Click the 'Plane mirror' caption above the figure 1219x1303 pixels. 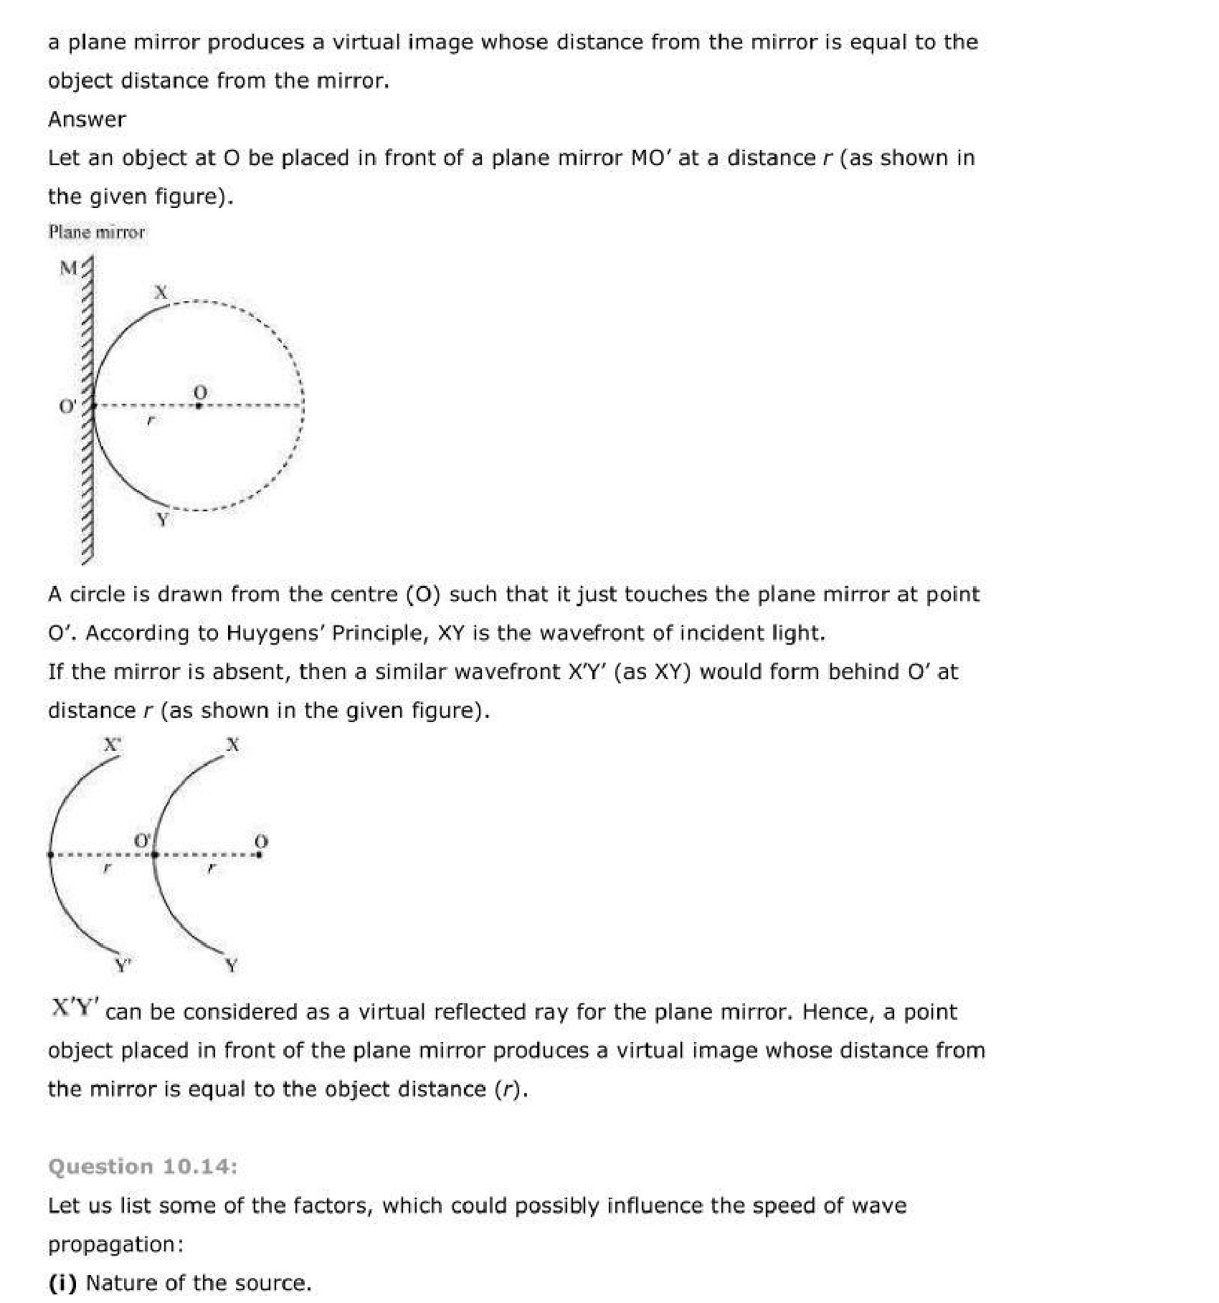(96, 232)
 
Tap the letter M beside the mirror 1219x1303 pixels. (69, 268)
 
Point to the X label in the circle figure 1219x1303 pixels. (161, 292)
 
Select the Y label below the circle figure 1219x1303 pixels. (163, 519)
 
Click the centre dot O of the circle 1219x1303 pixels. (199, 406)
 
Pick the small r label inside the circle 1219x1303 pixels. (149, 421)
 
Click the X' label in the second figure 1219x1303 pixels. (112, 744)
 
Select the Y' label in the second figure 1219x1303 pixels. (123, 965)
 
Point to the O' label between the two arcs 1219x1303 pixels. (143, 840)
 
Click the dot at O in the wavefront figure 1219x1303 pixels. (260, 854)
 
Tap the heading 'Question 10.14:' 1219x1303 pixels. (142, 1167)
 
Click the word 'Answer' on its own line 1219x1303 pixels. (87, 119)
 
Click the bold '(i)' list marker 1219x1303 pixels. (62, 1283)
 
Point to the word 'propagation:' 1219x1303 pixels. (115, 1244)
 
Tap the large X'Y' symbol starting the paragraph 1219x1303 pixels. (74, 1008)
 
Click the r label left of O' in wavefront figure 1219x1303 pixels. (106, 868)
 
